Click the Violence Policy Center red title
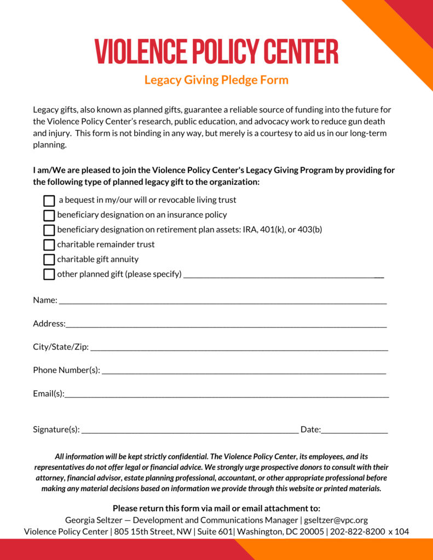click(216, 51)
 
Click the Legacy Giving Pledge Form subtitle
click(216, 80)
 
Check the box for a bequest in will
click(49, 201)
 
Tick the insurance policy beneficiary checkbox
click(49, 215)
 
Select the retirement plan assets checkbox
click(49, 230)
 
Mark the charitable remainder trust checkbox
click(49, 244)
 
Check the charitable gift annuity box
click(49, 259)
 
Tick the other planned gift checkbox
click(49, 274)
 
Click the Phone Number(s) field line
click(244, 371)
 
